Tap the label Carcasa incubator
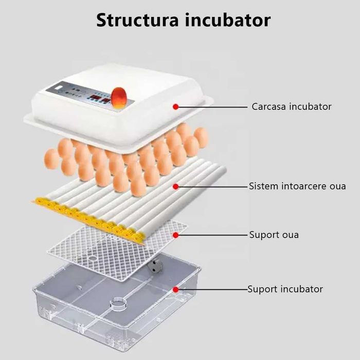coord(291,106)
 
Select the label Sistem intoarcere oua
coord(297,186)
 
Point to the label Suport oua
coord(274,235)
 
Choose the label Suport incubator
coord(285,289)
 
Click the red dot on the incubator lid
coord(175,106)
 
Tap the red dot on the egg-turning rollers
coord(175,186)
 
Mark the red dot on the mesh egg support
coord(175,235)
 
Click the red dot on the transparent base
coord(175,290)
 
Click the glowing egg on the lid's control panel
coord(119,96)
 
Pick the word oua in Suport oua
coord(289,235)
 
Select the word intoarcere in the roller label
coord(303,186)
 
